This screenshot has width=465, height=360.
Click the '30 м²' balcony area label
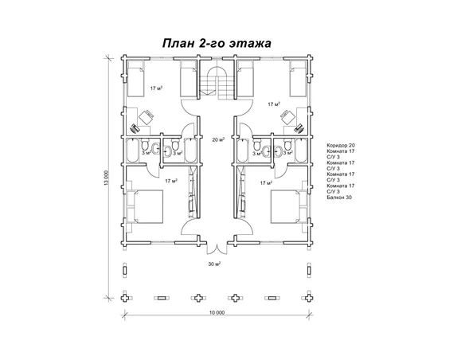point(213,263)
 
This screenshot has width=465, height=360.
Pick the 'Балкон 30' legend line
point(338,197)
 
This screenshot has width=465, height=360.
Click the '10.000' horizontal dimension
point(216,312)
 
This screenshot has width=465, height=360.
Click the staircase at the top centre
point(215,81)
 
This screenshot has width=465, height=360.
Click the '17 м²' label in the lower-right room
point(266,182)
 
